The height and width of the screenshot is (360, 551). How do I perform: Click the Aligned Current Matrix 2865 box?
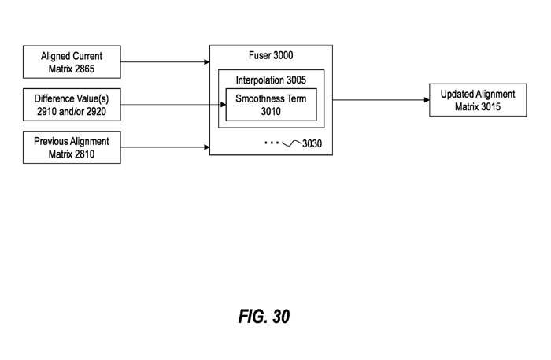[x=72, y=61]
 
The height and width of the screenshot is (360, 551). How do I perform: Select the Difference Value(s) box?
[x=72, y=105]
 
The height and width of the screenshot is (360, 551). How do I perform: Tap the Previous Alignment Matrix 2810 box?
[x=72, y=147]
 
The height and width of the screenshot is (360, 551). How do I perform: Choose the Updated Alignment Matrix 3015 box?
[x=478, y=101]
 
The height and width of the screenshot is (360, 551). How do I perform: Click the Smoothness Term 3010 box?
[x=270, y=105]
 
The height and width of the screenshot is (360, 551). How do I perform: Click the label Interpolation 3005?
[x=271, y=80]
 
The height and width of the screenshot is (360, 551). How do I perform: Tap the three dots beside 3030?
[x=272, y=143]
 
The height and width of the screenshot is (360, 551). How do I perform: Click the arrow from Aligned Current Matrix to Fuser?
[x=165, y=61]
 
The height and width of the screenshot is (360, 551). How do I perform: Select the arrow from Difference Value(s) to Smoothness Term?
[x=173, y=105]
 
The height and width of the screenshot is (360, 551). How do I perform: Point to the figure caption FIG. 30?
[x=264, y=317]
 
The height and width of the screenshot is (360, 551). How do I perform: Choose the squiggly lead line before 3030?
[x=291, y=144]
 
